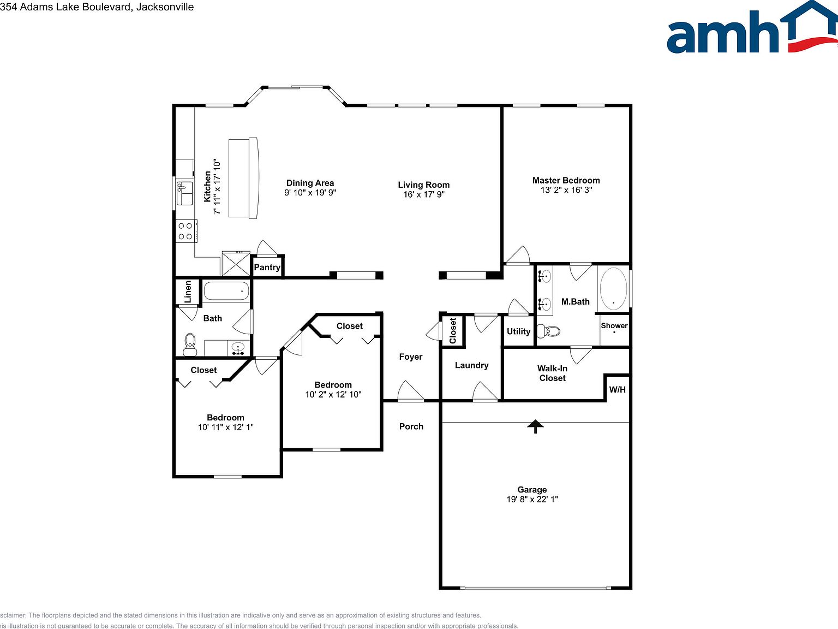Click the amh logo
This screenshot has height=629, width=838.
click(751, 28)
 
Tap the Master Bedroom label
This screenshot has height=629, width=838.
click(566, 180)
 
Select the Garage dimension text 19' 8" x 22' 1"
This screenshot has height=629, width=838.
click(532, 499)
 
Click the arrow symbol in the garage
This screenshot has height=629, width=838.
click(535, 426)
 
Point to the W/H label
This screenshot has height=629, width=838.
click(617, 389)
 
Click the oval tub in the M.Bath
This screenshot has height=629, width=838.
click(613, 289)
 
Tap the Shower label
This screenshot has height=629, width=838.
click(614, 325)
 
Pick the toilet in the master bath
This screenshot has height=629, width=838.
click(549, 331)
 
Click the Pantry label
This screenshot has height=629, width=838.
click(267, 267)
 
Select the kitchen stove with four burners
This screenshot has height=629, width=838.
click(185, 231)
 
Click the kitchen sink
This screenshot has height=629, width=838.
click(184, 194)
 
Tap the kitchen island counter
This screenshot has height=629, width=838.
click(243, 178)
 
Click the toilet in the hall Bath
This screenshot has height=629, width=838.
click(190, 343)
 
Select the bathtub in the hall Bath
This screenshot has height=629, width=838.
click(226, 290)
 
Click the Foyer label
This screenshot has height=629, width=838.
click(411, 357)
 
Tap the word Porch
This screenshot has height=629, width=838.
click(411, 426)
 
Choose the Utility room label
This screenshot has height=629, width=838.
click(518, 331)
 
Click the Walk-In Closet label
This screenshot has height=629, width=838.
click(552, 373)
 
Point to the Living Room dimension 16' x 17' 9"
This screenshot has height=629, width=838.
click(424, 194)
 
